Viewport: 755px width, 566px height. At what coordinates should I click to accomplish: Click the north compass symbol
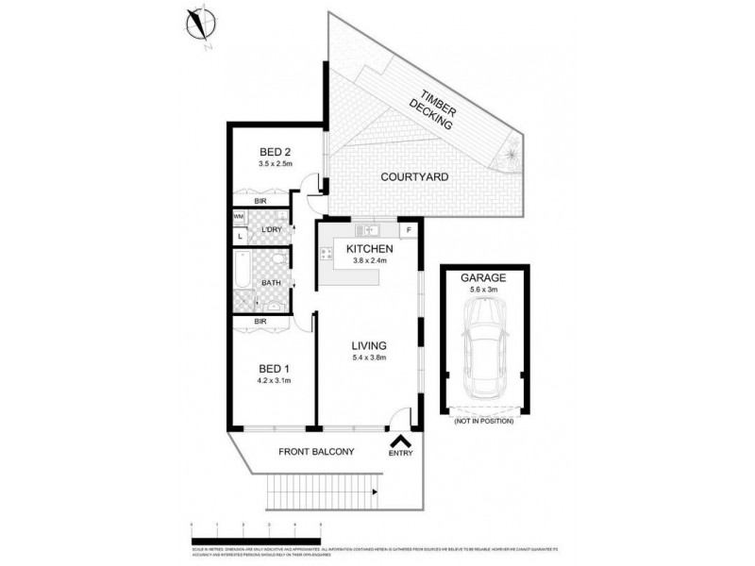[x=200, y=24]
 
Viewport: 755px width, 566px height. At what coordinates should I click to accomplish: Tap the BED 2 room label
[x=275, y=151]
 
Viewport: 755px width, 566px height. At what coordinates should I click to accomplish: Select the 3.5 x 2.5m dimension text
[x=276, y=163]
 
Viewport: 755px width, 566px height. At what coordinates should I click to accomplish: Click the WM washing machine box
[x=240, y=217]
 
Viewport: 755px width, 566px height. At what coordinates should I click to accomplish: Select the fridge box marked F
[x=409, y=229]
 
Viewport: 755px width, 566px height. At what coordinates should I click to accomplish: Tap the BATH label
[x=271, y=282]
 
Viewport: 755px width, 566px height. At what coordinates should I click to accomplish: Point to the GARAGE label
[x=483, y=278]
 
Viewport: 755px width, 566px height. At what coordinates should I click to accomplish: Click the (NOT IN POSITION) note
[x=484, y=420]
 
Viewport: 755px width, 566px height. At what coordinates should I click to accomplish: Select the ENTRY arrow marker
[x=400, y=440]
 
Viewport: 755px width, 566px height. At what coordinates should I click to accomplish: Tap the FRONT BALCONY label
[x=316, y=452]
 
